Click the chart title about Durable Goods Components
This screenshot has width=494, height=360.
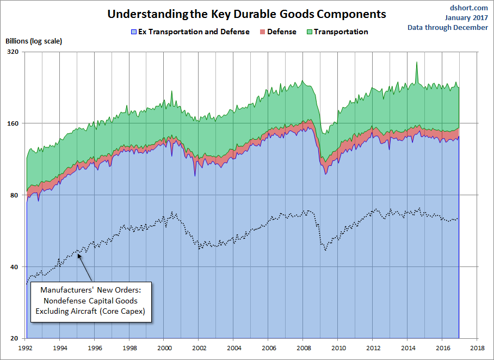pyautogui.click(x=246, y=14)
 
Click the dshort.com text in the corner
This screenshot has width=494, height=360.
pyautogui.click(x=470, y=8)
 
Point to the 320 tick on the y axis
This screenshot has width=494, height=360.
pyautogui.click(x=13, y=52)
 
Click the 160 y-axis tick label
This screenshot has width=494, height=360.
pyautogui.click(x=13, y=123)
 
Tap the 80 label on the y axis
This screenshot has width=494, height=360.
pyautogui.click(x=15, y=195)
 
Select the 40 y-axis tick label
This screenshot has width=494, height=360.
pyautogui.click(x=15, y=267)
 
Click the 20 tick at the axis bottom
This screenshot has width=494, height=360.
pyautogui.click(x=15, y=339)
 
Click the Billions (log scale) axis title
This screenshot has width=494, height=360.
pyautogui.click(x=34, y=41)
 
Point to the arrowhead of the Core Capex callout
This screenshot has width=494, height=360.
pyautogui.click(x=79, y=254)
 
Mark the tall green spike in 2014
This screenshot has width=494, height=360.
pyautogui.click(x=417, y=63)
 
